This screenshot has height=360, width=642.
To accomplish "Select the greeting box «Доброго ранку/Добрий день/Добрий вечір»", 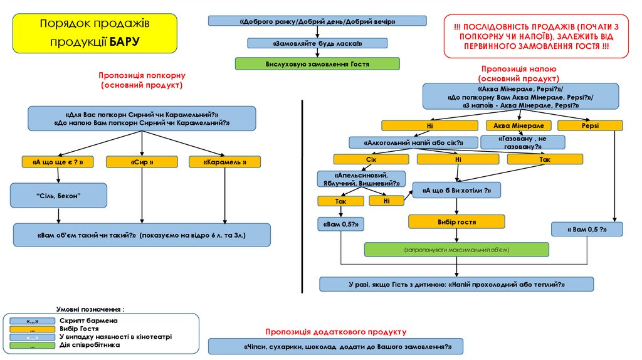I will [x=317, y=21].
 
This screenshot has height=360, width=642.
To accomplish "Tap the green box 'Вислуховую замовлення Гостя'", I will [x=317, y=63].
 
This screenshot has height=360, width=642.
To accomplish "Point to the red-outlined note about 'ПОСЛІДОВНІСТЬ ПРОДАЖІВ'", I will [x=535, y=36].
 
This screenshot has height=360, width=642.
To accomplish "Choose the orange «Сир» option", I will [x=142, y=162].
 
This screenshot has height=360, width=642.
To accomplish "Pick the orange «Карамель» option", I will [x=224, y=162].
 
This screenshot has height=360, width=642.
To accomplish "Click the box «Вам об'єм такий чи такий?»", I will [x=142, y=235].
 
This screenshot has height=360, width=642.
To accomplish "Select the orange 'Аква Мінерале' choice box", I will [x=518, y=125].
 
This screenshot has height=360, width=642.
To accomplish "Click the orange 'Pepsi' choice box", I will [x=590, y=125].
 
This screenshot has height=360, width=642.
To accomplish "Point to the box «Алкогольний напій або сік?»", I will [x=406, y=142].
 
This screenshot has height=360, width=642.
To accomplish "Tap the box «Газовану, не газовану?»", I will [x=522, y=142].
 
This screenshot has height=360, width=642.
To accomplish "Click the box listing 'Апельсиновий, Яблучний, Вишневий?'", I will [x=360, y=179].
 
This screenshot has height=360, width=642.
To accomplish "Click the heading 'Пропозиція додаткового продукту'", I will [x=335, y=331].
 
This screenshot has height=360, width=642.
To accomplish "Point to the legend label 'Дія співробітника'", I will [x=90, y=345].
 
